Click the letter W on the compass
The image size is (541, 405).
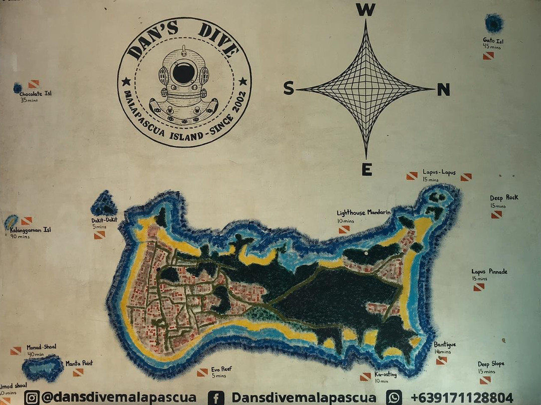click(x=366, y=10)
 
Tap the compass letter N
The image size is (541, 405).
click(x=443, y=90)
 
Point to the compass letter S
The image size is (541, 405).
click(x=289, y=89)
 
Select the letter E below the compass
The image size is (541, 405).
click(x=367, y=170)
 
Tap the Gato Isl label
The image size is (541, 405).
click(x=492, y=40)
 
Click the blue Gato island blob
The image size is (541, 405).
click(x=494, y=23)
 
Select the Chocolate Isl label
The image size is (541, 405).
click(x=36, y=93)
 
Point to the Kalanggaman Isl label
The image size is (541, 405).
click(x=31, y=230)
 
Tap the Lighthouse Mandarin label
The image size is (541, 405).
click(x=364, y=213)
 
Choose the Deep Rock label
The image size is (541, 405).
click(x=504, y=197)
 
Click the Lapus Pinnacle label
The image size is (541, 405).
click(x=489, y=272)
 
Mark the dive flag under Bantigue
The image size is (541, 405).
click(x=441, y=360)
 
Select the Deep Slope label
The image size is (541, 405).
click(x=491, y=364)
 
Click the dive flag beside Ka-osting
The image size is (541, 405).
click(x=365, y=376)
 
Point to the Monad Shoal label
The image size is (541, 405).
click(x=42, y=347)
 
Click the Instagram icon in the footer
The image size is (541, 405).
click(x=32, y=397)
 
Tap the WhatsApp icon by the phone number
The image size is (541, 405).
click(x=394, y=397)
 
